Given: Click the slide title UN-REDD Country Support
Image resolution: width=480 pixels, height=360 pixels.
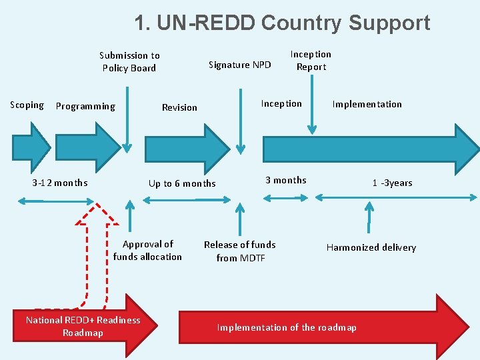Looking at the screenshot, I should [x=282, y=23].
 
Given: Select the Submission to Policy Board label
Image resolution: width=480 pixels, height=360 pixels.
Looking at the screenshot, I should [x=129, y=61].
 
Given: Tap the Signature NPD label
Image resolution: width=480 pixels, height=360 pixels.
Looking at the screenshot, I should [x=240, y=65].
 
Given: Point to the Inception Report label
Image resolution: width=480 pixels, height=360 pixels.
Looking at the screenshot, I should [x=311, y=61].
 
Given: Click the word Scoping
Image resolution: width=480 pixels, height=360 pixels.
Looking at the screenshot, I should [x=27, y=105].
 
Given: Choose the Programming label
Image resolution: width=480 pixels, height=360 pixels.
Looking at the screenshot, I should [x=85, y=106].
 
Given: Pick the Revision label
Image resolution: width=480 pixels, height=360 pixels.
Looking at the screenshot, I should [x=179, y=107].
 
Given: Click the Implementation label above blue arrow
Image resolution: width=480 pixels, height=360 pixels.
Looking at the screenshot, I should [x=367, y=104].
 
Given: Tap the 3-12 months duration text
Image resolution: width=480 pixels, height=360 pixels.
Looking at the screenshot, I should [x=60, y=183].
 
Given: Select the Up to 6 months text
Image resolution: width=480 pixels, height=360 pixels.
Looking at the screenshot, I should [x=182, y=183].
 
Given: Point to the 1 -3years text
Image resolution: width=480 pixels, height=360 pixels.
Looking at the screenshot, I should [x=392, y=183].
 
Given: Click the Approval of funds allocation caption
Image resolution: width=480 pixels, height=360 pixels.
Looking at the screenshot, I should [x=147, y=250].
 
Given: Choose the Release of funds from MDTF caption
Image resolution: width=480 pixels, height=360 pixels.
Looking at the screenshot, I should [x=239, y=251].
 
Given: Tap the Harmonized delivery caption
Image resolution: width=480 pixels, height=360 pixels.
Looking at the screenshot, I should [x=371, y=247].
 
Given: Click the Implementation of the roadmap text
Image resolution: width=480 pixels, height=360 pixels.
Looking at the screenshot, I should [x=287, y=327].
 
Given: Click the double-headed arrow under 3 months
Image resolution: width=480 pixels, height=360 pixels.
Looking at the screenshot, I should [x=286, y=197].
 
